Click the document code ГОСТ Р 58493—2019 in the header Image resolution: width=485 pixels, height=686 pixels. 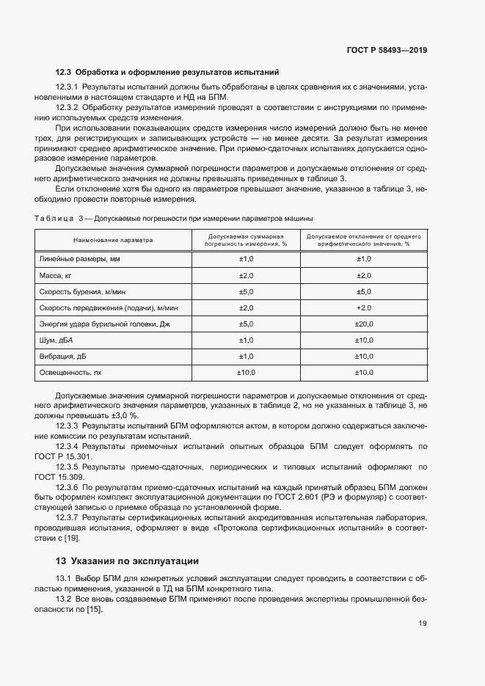coord(387,51)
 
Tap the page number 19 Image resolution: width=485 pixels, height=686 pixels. coord(423,624)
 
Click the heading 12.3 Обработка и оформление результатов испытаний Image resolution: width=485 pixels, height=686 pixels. coord(167,72)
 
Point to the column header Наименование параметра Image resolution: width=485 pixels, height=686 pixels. coord(113,240)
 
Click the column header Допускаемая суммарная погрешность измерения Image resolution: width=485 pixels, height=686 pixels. coord(246,240)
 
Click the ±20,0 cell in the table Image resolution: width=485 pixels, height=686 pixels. coord(364,324)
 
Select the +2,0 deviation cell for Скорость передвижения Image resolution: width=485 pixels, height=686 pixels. coord(364,307)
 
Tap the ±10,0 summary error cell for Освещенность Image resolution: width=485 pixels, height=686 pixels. coord(246,373)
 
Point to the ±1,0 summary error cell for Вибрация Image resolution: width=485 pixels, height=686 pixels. coord(246,357)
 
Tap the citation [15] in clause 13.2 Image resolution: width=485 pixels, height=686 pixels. coord(93,609)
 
